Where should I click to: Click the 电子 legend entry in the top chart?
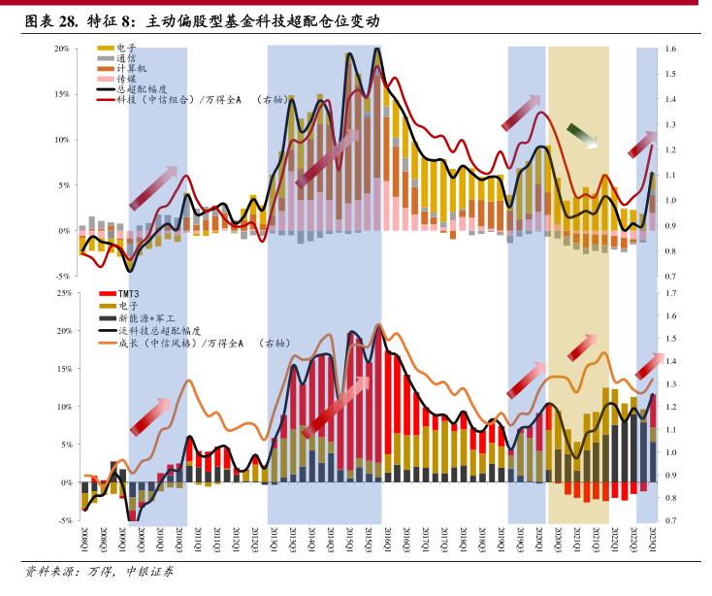(125, 48)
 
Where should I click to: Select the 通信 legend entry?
(125, 58)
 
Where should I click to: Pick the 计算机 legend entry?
(130, 69)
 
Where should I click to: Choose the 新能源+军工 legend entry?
(145, 318)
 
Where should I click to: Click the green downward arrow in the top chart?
(582, 136)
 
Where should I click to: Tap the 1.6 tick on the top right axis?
(670, 49)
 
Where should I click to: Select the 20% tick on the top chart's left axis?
(61, 49)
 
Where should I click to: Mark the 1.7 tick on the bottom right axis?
(670, 292)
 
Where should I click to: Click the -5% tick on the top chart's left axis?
(62, 277)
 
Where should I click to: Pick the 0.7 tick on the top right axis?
(670, 277)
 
